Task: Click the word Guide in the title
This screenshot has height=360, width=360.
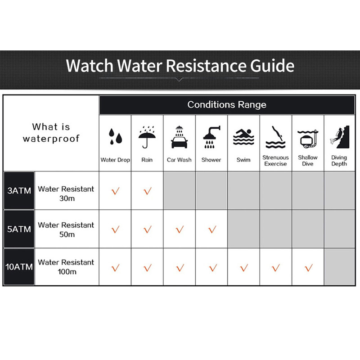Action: tap(272, 66)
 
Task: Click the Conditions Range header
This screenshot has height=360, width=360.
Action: tap(227, 105)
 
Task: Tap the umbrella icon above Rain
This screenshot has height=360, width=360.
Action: tap(147, 137)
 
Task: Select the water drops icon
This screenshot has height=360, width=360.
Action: tap(115, 136)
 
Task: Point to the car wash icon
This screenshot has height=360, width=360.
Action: tap(179, 137)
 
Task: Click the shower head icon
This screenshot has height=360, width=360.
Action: tap(211, 137)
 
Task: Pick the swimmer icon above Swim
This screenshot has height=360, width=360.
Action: tap(243, 137)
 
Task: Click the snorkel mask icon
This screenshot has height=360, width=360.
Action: tap(308, 139)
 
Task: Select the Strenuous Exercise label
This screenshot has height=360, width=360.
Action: tap(275, 161)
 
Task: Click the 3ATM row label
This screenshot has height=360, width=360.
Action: tap(19, 190)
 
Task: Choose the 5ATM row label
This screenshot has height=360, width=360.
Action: tap(19, 229)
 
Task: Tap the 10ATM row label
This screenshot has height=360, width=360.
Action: tap(19, 267)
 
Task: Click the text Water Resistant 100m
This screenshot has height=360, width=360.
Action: tap(66, 267)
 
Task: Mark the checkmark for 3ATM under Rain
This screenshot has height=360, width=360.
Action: tap(148, 191)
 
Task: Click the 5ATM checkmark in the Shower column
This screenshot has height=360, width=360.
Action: tap(212, 229)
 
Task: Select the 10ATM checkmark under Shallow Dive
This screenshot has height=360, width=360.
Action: tap(309, 268)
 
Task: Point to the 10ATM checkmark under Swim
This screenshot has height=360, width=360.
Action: tap(244, 268)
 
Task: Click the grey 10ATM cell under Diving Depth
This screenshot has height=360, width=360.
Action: tap(340, 267)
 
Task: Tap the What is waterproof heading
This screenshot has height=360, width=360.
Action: tap(51, 133)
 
